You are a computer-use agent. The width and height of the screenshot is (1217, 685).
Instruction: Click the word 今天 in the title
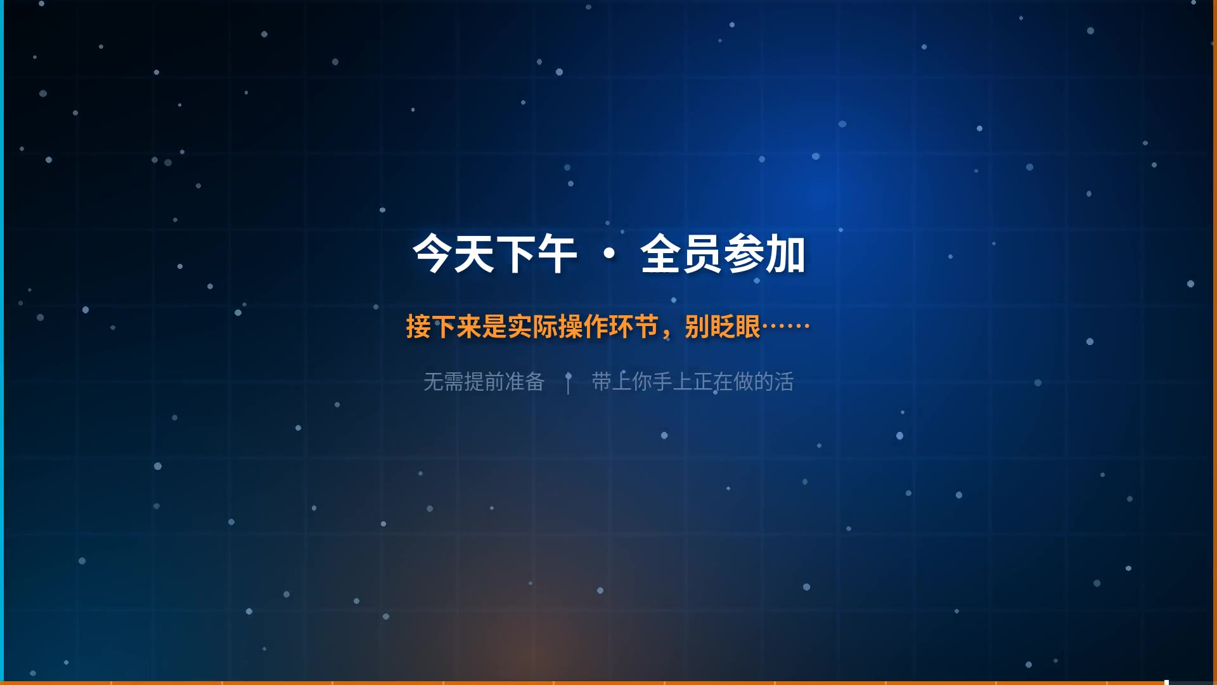click(453, 254)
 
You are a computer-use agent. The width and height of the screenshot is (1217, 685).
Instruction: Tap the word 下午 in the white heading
click(536, 254)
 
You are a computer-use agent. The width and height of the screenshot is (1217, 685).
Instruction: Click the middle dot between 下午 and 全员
click(609, 254)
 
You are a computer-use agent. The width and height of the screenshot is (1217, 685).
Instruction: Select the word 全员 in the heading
click(681, 254)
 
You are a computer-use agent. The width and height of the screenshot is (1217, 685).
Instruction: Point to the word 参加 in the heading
click(764, 254)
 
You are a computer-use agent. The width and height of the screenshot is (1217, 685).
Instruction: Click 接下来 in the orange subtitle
click(444, 327)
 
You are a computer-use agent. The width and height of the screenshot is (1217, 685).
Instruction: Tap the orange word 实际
click(532, 327)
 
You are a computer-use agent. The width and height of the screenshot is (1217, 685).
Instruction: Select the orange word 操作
click(583, 327)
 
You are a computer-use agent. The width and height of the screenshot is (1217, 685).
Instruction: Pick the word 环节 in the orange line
click(634, 327)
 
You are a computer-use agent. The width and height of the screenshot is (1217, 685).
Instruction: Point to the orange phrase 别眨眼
click(723, 327)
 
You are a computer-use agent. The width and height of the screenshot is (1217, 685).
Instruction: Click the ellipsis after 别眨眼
click(786, 326)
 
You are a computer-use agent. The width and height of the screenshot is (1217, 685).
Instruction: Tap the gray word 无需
click(444, 382)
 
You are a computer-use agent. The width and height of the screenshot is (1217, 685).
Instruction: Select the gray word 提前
click(484, 382)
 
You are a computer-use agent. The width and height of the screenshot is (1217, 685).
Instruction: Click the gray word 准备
click(525, 382)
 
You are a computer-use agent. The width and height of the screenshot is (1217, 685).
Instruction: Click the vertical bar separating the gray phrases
click(569, 383)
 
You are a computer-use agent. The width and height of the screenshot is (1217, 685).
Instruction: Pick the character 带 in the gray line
click(602, 382)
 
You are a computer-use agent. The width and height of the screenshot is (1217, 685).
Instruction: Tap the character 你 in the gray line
click(642, 382)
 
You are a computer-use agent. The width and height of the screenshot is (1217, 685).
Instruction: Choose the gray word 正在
click(713, 382)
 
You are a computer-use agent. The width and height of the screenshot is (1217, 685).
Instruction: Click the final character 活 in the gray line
click(784, 382)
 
